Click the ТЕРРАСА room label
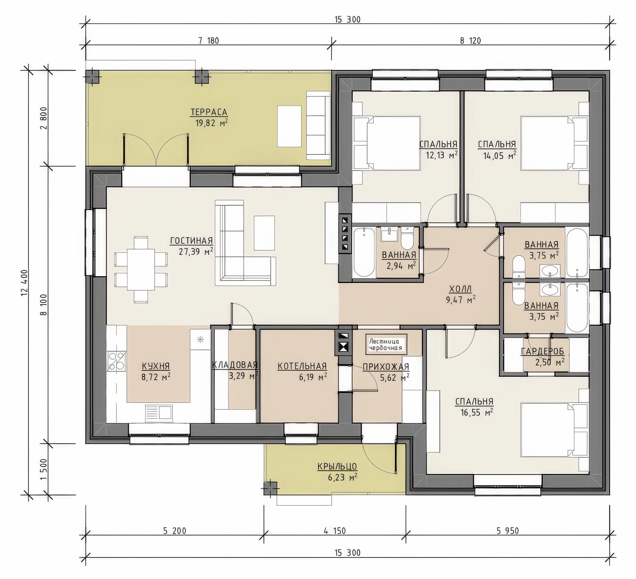[x=209, y=112]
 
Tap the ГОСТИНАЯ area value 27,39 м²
[x=196, y=251]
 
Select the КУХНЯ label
[x=156, y=366]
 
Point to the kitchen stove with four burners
[x=116, y=361]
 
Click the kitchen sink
[x=159, y=413]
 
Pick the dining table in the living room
[x=141, y=270]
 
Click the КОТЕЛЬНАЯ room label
[x=302, y=366]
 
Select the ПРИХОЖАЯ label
[x=386, y=367]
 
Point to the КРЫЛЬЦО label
[x=337, y=466]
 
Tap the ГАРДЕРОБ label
[x=542, y=351]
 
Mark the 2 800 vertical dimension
[x=44, y=118]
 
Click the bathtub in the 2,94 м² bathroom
[x=364, y=252]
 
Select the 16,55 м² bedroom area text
[x=477, y=412]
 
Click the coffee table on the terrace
[x=289, y=126]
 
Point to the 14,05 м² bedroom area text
[x=500, y=155]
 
